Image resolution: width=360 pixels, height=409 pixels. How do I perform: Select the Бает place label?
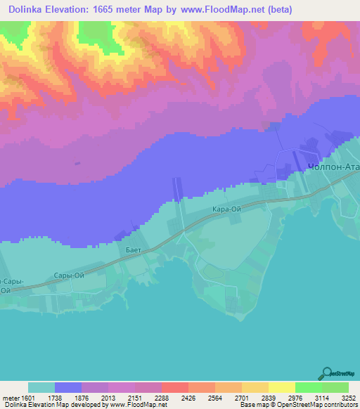(x=134, y=250)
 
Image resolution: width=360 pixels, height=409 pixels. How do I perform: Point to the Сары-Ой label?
(x=69, y=275)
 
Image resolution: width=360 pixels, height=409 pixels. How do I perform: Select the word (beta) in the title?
(x=276, y=9)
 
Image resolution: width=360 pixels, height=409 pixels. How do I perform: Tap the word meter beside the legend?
(x=12, y=398)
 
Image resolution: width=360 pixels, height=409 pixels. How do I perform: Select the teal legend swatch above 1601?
(x=41, y=387)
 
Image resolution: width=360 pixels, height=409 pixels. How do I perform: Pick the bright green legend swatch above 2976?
(x=308, y=387)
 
